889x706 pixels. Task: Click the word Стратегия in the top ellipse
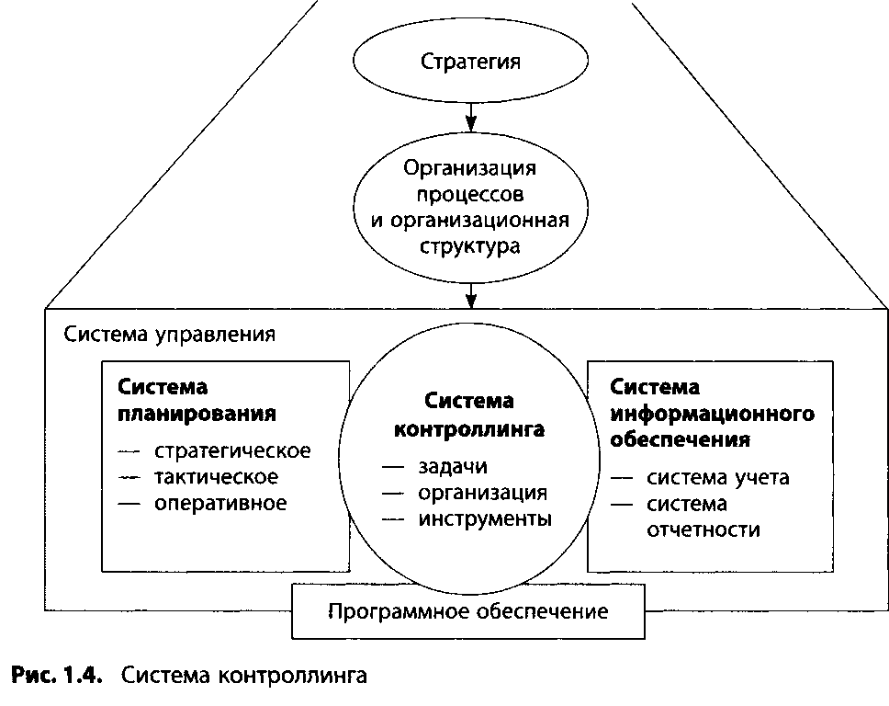(x=470, y=63)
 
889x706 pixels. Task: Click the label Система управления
(x=169, y=333)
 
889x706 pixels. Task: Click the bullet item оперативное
(x=219, y=503)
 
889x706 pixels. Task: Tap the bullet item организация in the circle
(x=482, y=492)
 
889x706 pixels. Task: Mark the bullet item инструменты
(x=485, y=518)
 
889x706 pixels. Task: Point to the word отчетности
(x=703, y=530)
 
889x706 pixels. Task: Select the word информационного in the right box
(x=713, y=413)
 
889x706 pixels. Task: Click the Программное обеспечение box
(x=467, y=610)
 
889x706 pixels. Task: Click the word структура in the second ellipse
(x=470, y=246)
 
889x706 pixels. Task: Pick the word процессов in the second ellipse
(x=470, y=195)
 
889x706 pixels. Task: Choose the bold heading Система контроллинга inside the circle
(x=469, y=415)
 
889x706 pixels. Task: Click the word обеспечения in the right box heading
(x=681, y=438)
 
